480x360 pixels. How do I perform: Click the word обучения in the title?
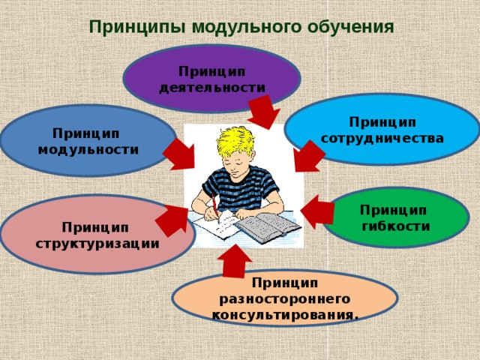click(350, 27)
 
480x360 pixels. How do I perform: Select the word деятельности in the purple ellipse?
click(212, 88)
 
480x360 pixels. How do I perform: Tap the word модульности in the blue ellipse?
click(88, 150)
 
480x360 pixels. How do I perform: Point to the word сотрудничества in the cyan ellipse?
click(382, 138)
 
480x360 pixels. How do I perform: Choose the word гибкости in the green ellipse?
click(396, 226)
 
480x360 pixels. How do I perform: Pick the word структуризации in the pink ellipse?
click(97, 244)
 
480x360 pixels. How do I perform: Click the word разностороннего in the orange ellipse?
click(285, 299)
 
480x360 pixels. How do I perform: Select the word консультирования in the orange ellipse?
click(283, 315)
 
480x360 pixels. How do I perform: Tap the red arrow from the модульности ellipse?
click(180, 154)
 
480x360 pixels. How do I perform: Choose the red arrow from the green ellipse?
click(317, 211)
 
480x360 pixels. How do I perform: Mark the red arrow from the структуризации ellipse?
click(172, 220)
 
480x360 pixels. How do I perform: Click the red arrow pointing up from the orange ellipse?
click(235, 261)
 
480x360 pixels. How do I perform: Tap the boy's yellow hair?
click(235, 140)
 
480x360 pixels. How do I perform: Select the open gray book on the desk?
click(268, 227)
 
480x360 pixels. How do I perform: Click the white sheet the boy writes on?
click(216, 226)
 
